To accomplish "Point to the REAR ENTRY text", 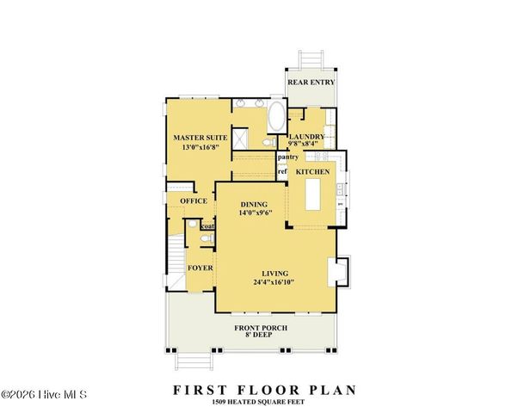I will [311, 83].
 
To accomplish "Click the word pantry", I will [287, 157].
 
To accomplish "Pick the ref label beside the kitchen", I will [281, 171].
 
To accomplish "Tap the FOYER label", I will [200, 268].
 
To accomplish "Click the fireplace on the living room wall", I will [342, 271].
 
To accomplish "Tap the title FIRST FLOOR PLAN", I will [264, 390].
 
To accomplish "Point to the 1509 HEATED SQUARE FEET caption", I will [264, 402].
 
